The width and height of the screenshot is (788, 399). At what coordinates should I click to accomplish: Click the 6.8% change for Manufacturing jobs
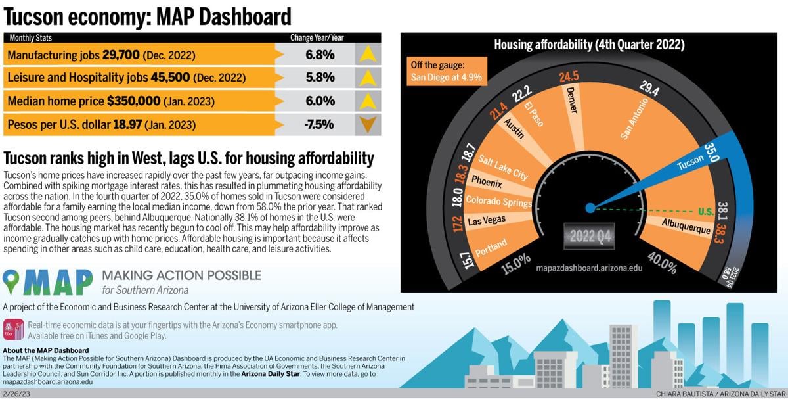click(x=320, y=55)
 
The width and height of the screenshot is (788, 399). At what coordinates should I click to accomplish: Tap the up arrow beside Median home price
click(x=368, y=101)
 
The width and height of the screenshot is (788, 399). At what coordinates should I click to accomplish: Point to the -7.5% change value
click(x=320, y=124)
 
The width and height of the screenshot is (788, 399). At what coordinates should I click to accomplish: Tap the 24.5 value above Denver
click(x=569, y=77)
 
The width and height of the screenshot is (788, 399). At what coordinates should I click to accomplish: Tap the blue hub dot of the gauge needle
click(x=590, y=208)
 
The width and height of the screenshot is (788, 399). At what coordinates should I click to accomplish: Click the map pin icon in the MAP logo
click(x=12, y=282)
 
